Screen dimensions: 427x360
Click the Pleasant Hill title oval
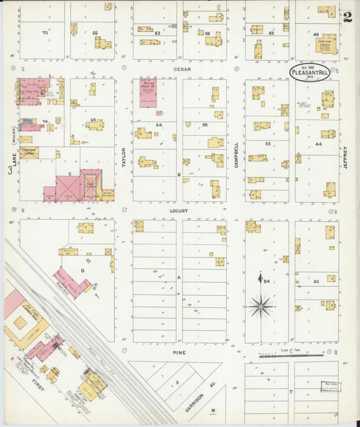tap(310, 72)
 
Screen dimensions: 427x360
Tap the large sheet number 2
tap(347, 17)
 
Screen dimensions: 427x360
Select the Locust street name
tap(179, 210)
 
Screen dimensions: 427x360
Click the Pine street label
tap(178, 352)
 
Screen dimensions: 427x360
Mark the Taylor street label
tap(124, 156)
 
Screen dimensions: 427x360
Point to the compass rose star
tap(261, 306)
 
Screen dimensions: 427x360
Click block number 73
tap(45, 32)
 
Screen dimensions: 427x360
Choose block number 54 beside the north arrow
tap(267, 281)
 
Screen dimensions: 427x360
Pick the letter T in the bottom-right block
tap(291, 391)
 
